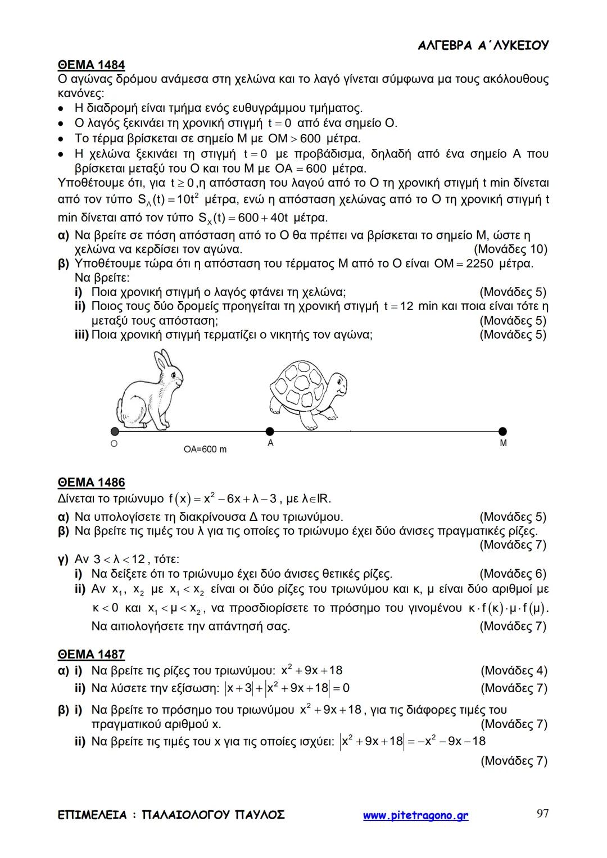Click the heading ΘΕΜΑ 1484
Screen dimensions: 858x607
91,65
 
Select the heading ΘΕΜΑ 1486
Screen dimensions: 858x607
91,483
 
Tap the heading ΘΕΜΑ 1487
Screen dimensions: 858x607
91,655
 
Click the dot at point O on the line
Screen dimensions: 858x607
115,432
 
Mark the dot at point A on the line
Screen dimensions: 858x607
270,432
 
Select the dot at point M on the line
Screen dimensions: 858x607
502,432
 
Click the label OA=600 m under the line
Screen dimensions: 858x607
205,450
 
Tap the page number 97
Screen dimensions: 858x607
542,814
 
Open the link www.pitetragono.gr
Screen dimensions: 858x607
415,815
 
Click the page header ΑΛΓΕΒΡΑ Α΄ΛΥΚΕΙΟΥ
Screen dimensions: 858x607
483,46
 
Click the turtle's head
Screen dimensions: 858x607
337,384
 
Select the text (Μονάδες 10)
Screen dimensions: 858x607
510,249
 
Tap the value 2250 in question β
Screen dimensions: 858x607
478,264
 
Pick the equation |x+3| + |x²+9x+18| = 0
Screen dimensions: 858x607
287,688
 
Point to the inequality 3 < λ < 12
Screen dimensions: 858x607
119,560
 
